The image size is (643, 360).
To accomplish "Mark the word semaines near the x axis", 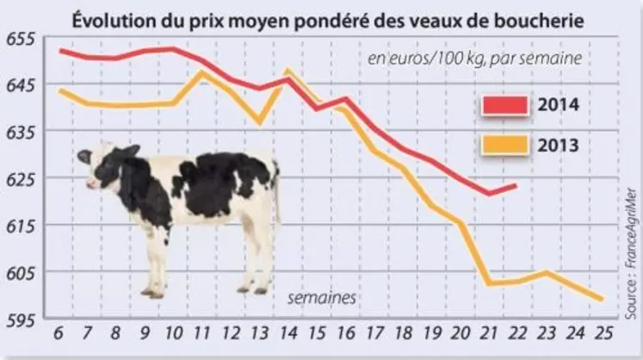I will point(322,298).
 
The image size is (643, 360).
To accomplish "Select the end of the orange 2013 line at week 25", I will point(603,300).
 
